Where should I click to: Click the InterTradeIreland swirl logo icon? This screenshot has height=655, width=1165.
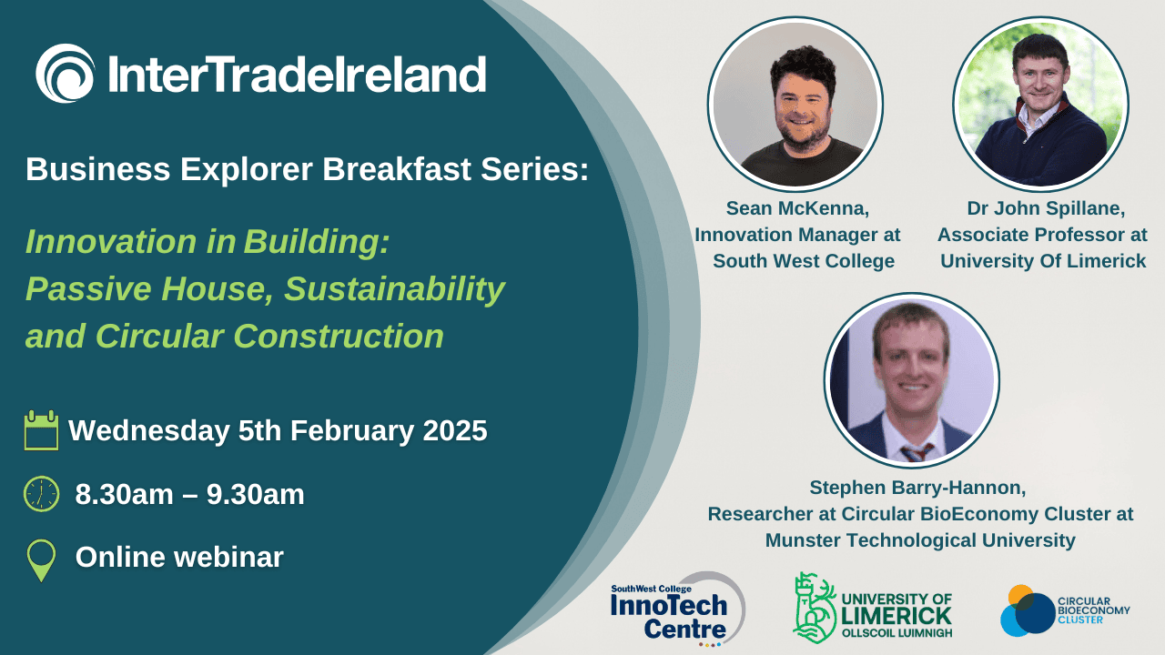66,73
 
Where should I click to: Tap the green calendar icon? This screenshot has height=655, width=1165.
41,430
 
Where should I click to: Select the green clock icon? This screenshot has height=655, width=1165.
42,494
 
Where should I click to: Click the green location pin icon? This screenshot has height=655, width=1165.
41,559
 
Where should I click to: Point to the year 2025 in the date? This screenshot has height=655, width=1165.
455,430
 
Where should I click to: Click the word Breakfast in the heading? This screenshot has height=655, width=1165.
397,169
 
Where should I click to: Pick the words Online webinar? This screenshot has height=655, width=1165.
179,557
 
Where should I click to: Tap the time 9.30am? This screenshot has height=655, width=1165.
256,494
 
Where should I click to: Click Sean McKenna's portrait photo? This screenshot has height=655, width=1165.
795,104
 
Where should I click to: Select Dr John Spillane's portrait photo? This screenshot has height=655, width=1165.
1040,104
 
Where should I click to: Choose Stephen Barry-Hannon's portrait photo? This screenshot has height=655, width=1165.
912,380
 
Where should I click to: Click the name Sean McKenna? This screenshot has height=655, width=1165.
798,208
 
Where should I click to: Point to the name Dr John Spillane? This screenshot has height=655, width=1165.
1046,208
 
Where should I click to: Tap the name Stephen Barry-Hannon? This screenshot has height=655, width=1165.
917,488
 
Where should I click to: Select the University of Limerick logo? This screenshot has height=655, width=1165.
873,609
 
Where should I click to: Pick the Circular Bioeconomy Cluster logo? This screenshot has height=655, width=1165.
1065,610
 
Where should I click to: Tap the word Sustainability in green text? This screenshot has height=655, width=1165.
394,289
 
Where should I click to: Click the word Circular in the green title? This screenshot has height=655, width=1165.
159,336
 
